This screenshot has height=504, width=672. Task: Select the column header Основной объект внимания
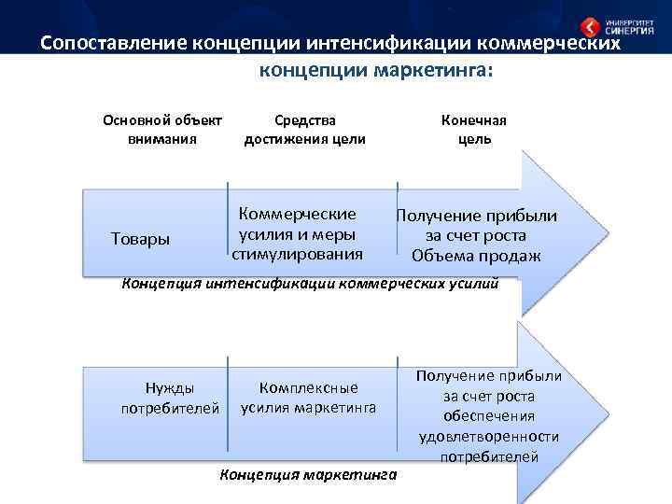click(x=162, y=129)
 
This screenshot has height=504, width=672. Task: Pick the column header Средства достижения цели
click(x=304, y=129)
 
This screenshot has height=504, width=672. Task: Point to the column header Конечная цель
click(x=474, y=129)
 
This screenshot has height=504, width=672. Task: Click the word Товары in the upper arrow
click(x=140, y=239)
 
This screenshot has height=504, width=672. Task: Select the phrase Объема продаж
click(x=476, y=256)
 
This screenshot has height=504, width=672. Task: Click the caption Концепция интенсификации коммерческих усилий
click(x=311, y=284)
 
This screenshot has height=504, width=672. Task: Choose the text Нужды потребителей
click(x=170, y=397)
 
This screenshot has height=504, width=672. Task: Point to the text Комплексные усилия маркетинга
click(x=309, y=397)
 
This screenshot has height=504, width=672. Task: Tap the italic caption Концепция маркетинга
click(x=308, y=475)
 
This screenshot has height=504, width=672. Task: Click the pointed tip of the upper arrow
click(x=608, y=228)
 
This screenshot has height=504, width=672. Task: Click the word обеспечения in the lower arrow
click(x=489, y=415)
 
